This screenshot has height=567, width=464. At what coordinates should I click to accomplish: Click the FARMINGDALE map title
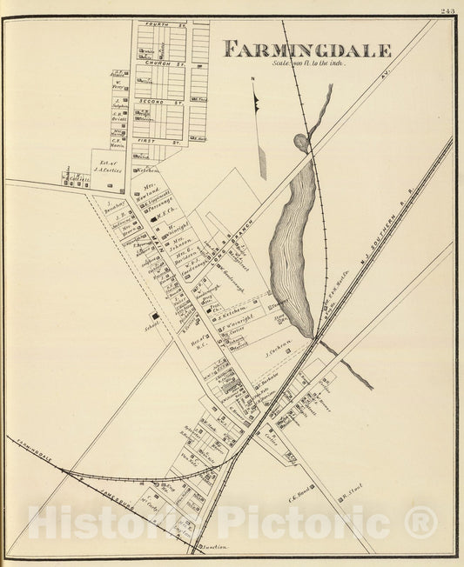tap(307, 50)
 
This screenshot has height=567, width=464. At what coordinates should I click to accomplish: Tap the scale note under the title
tap(309, 64)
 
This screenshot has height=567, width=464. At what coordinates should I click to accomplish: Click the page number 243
tap(447, 11)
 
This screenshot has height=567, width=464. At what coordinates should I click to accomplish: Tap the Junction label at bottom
tap(214, 547)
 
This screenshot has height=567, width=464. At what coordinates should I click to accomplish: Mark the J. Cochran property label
tap(276, 354)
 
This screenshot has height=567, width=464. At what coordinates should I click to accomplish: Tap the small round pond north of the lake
tap(301, 142)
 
